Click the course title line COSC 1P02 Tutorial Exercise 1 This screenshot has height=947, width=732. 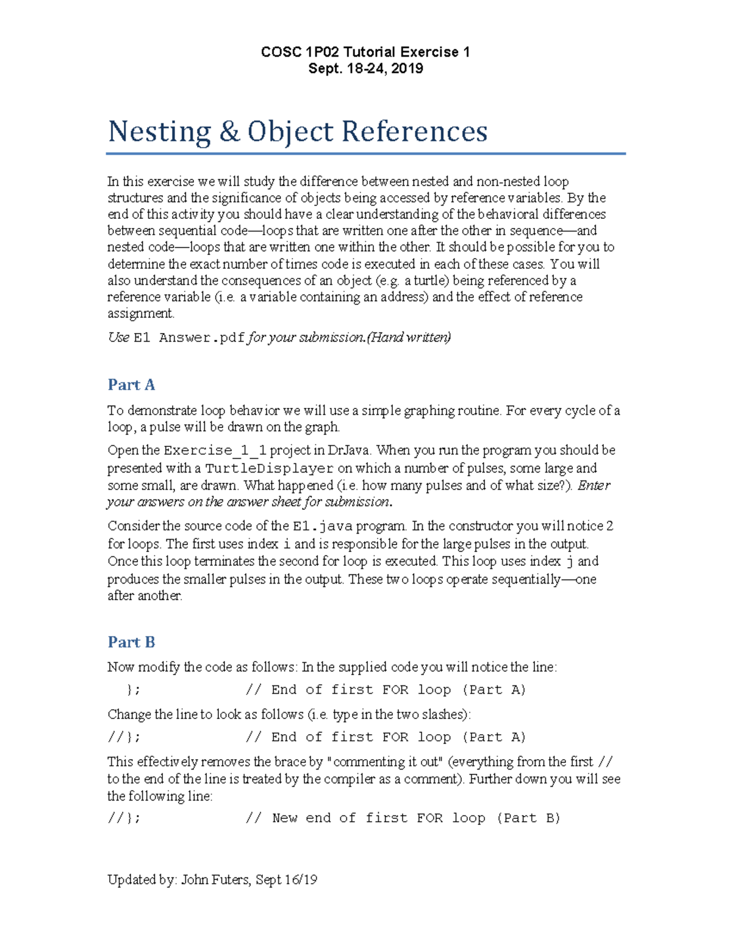(365, 52)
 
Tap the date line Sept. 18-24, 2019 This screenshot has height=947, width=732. (365, 68)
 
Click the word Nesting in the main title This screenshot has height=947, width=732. (159, 132)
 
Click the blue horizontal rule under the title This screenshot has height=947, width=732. (366, 154)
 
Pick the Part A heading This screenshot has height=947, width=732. (131, 385)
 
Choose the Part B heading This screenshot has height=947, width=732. (131, 642)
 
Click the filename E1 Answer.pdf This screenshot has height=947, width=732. (189, 338)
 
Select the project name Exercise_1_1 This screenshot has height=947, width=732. (215, 451)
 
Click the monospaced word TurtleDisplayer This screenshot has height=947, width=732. (269, 469)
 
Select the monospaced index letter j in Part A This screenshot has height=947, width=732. (569, 562)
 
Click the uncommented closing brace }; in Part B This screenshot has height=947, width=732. (133, 690)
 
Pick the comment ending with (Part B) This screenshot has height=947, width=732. (403, 818)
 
